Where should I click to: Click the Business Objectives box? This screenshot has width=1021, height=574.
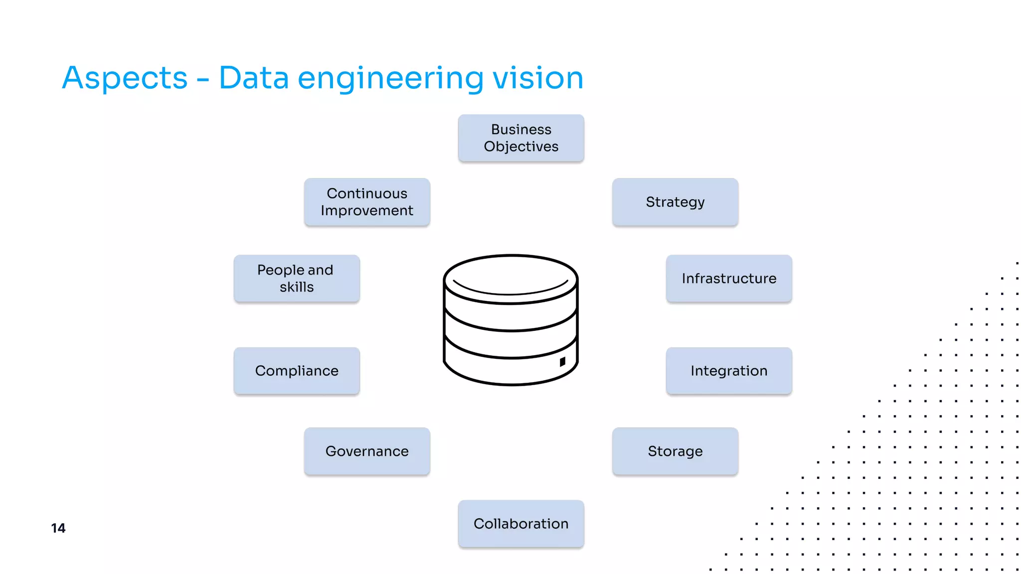tap(521, 138)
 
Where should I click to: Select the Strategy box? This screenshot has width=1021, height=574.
tap(675, 202)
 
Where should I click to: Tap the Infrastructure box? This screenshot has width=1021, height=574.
tap(729, 279)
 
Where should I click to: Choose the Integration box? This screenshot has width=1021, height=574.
tap(729, 371)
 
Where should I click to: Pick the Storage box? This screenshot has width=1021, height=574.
tap(675, 451)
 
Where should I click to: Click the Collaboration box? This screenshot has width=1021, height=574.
tap(521, 524)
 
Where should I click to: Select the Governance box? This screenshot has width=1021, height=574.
tap(367, 451)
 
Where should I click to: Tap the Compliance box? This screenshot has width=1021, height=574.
tap(297, 371)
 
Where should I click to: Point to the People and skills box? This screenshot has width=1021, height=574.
tap(297, 279)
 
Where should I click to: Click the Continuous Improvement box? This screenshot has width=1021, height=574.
tap(367, 202)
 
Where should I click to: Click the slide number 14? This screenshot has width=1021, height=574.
tap(58, 528)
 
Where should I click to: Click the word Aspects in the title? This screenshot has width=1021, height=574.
tap(125, 78)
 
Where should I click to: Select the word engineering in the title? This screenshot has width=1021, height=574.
tap(390, 78)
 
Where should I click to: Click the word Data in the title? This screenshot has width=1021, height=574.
tap(253, 78)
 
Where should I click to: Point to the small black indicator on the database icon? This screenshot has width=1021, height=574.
tap(562, 362)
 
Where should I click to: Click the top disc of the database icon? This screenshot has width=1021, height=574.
tap(510, 279)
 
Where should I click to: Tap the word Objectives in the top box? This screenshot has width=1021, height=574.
tap(521, 146)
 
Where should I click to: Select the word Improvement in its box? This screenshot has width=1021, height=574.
tap(367, 211)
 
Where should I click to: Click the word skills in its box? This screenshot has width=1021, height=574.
tap(297, 287)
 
